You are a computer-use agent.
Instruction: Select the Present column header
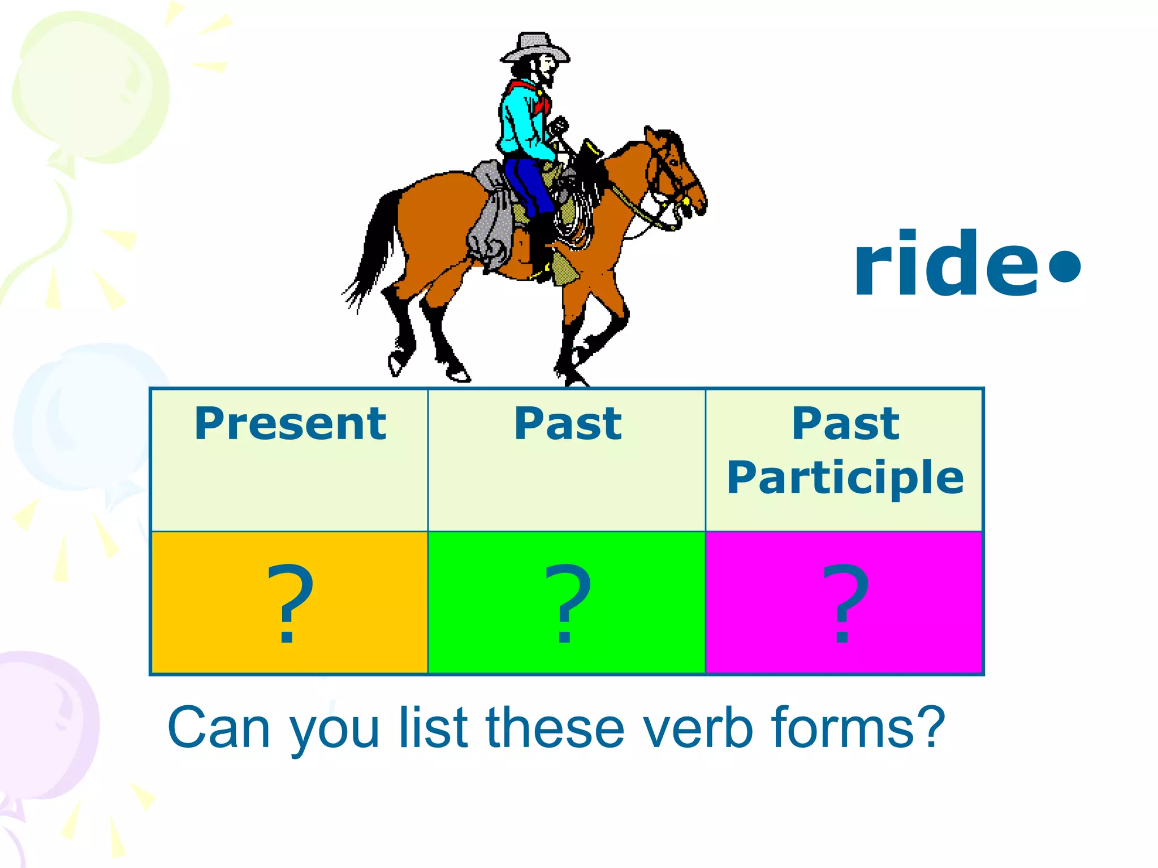click(290, 424)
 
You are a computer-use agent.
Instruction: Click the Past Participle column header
click(845, 451)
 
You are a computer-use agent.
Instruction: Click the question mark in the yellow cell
click(289, 604)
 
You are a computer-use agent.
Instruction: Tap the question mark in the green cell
click(567, 604)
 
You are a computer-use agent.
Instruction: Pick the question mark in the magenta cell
click(845, 604)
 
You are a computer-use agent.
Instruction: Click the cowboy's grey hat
click(534, 47)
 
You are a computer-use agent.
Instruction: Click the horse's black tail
click(379, 243)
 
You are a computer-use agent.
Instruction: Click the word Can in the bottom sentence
click(218, 729)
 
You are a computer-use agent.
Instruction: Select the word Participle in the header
click(845, 478)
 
